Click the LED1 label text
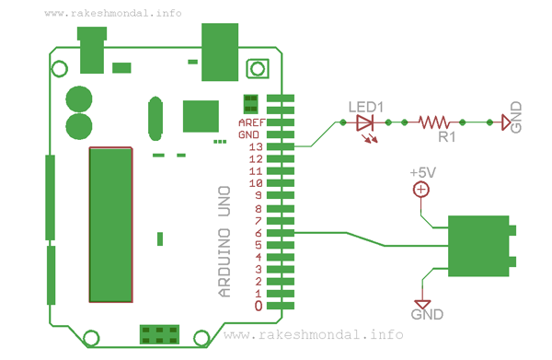[365, 106]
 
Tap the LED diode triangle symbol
[365, 122]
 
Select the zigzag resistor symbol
[432, 122]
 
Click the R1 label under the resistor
[446, 138]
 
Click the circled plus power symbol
[420, 190]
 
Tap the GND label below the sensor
[427, 315]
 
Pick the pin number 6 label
[259, 233]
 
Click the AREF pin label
[252, 122]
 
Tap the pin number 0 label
[259, 306]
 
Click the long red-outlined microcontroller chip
[109, 224]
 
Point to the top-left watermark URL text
[112, 14]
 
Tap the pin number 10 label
[258, 183]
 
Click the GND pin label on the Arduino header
[249, 134]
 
